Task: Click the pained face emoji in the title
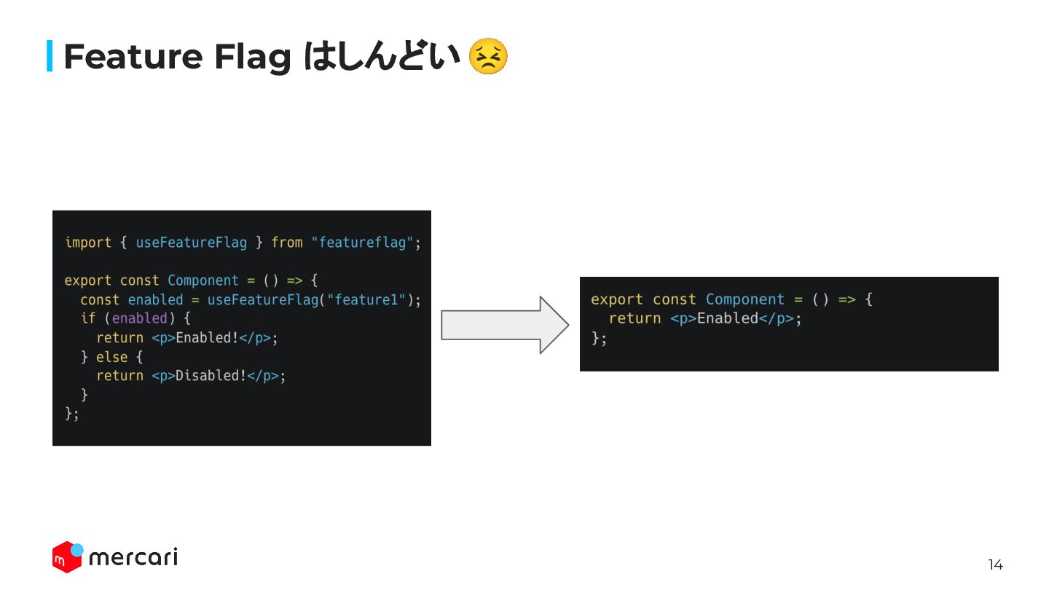tap(487, 57)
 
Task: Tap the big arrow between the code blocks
tap(505, 325)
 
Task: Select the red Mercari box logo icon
tap(67, 557)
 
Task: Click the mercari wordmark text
tap(133, 558)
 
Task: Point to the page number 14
tap(995, 565)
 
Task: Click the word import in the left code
tap(88, 243)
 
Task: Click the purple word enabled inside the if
tap(140, 318)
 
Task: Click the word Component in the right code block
tap(745, 299)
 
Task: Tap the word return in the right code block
tap(632, 318)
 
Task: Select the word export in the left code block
tap(88, 280)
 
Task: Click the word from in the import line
tap(287, 243)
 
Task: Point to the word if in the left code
tap(88, 318)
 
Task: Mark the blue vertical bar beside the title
tap(50, 56)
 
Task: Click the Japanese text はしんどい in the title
tap(382, 57)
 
